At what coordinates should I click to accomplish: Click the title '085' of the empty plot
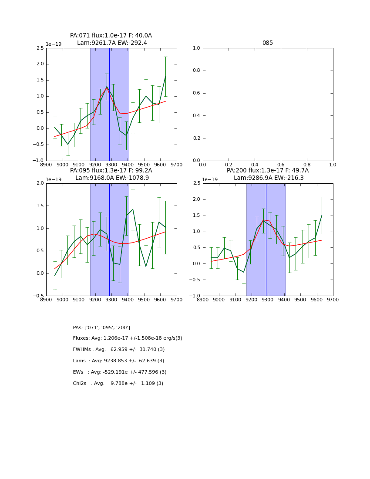(x=267, y=43)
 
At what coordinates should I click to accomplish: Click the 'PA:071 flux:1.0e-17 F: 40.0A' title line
(x=111, y=36)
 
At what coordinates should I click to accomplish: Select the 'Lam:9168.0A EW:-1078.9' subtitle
(x=112, y=178)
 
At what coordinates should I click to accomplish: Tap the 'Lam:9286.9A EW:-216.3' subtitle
(x=268, y=178)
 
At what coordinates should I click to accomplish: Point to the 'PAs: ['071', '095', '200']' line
(x=101, y=327)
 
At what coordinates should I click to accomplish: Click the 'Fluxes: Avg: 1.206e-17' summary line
(x=128, y=338)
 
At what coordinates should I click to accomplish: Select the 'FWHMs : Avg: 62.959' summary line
(x=119, y=350)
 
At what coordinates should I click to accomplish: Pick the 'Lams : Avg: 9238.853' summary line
(x=118, y=361)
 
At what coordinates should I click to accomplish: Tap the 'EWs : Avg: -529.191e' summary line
(x=120, y=372)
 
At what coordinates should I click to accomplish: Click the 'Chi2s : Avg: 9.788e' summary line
(x=118, y=384)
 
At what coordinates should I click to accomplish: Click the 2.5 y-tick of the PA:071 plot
(x=40, y=48)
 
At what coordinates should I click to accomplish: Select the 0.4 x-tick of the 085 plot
(x=255, y=165)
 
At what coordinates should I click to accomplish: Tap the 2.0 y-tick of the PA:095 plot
(x=40, y=183)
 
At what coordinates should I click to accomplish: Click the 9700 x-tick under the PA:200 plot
(x=333, y=300)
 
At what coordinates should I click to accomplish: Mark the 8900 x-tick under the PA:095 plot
(x=46, y=300)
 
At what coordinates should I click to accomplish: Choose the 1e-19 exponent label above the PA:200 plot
(x=210, y=179)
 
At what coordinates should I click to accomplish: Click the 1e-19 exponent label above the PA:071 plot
(x=54, y=44)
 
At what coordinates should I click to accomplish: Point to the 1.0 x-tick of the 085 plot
(x=333, y=165)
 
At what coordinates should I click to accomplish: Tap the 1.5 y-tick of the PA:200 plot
(x=196, y=216)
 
